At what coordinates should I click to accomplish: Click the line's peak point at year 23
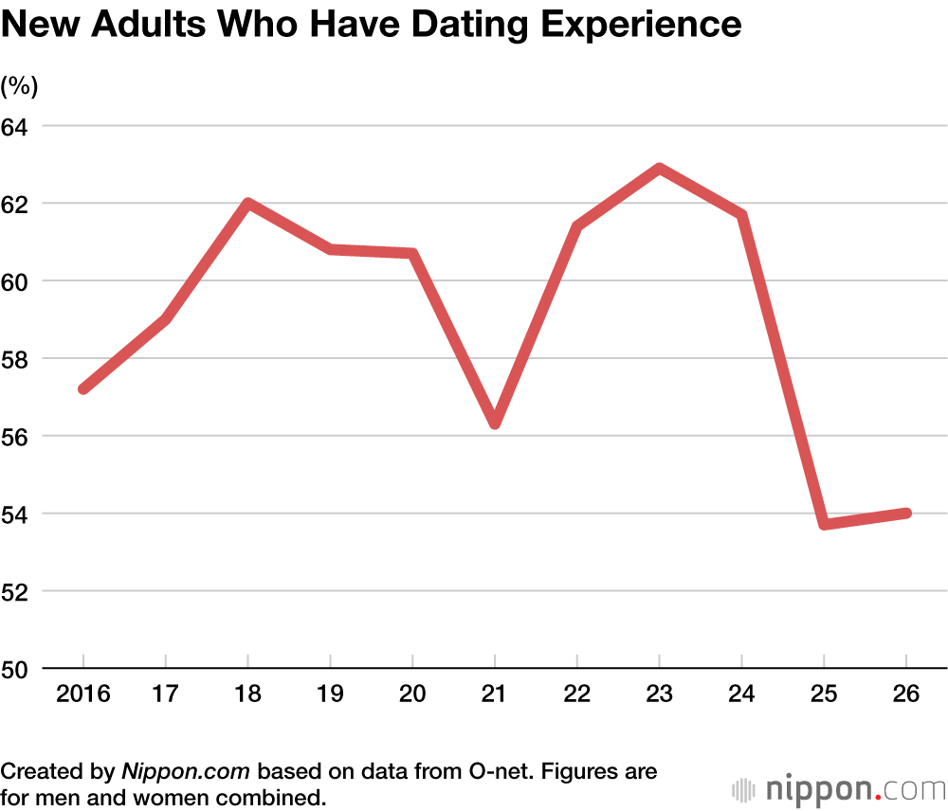coord(659,169)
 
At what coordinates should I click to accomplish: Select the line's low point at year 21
coord(495,424)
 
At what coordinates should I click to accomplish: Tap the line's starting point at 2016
coord(83,388)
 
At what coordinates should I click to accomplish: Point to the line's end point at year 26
coord(906,514)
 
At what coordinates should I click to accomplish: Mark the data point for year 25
coord(824,524)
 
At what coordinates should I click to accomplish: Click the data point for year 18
coord(247,203)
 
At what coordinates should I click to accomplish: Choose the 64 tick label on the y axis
coord(18,126)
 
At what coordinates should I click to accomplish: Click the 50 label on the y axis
coord(18,669)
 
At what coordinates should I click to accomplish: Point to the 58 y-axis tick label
coord(18,359)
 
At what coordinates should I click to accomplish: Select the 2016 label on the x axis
coord(83,694)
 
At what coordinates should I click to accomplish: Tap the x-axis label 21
coord(495,694)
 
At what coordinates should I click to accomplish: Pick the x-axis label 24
coord(741,694)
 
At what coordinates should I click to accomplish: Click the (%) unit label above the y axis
coord(19,86)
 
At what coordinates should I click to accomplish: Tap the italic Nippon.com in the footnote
coord(187,770)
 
